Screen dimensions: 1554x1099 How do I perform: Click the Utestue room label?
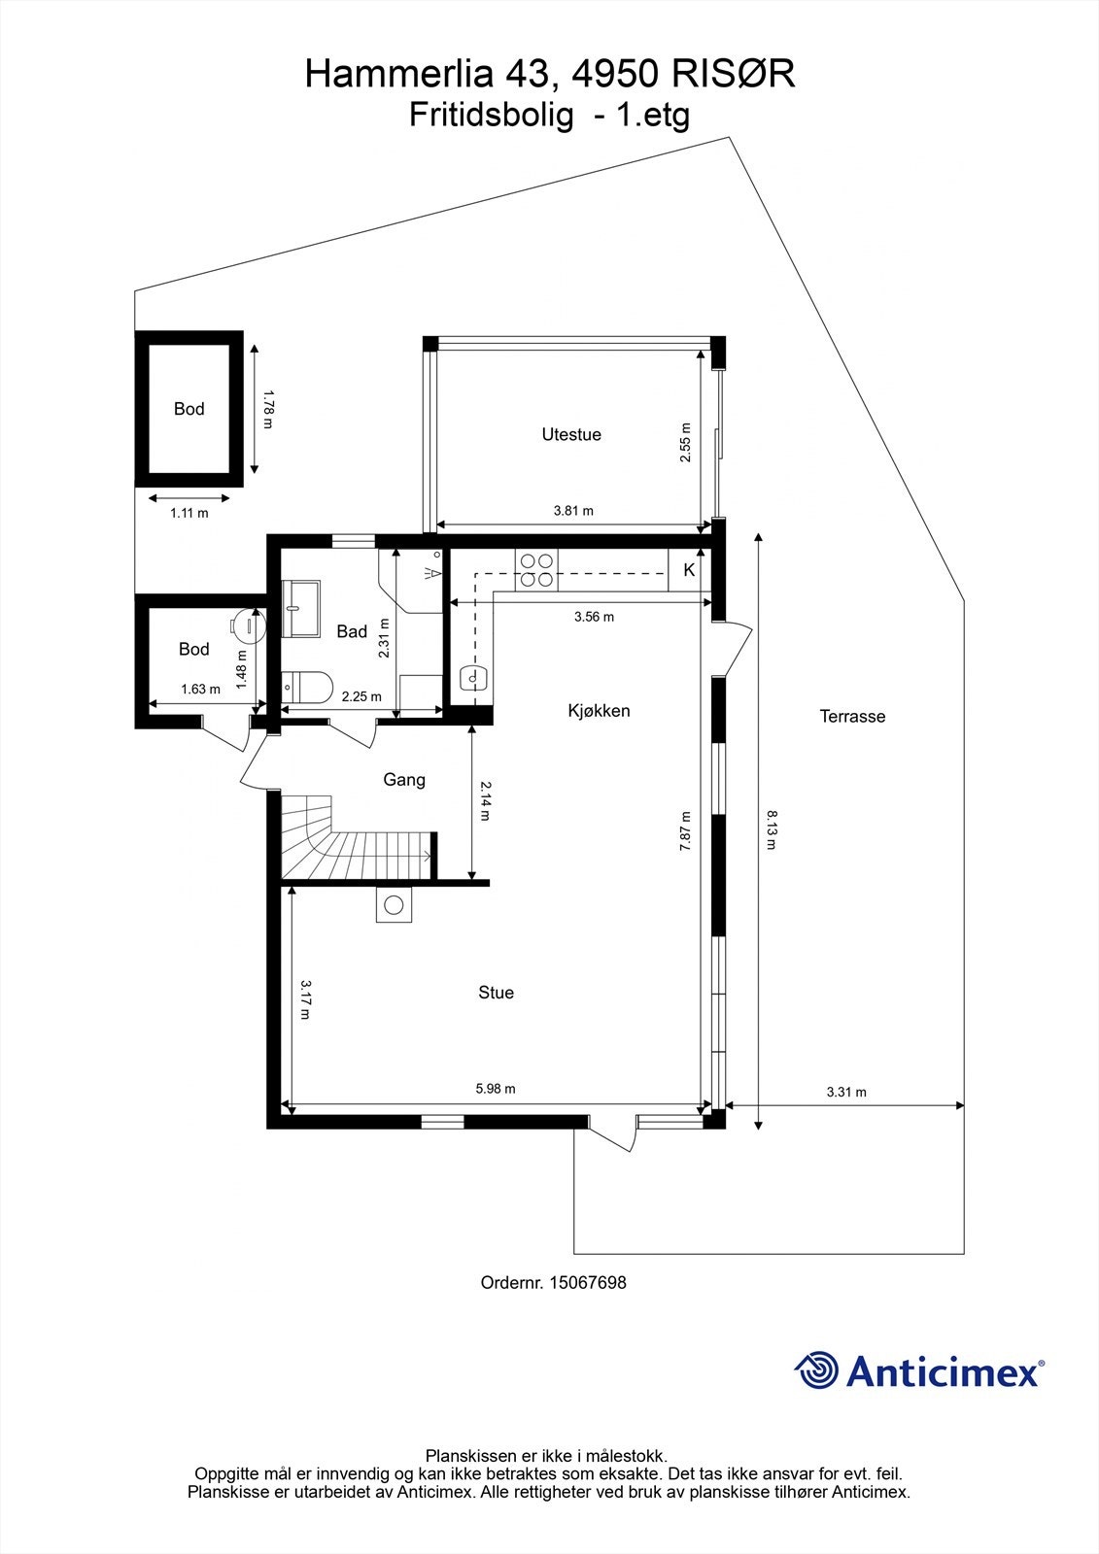pos(571,435)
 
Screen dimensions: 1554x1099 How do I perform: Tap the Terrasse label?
pos(852,717)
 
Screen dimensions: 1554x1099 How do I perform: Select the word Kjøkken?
pos(599,711)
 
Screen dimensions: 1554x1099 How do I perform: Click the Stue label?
pos(496,993)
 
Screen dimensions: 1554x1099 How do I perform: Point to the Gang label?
pos(404,780)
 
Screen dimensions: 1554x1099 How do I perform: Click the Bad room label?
pos(352,632)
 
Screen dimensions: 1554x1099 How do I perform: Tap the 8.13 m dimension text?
pos(771,830)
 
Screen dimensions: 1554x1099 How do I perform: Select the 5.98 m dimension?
pos(496,1089)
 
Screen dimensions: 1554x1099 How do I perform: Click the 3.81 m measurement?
pos(573,511)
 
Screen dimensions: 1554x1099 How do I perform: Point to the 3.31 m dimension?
pos(846,1092)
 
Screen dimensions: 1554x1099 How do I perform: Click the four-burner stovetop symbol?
pos(536,570)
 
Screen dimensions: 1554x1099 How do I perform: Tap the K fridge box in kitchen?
pos(689,570)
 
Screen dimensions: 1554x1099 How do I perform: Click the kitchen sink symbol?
pos(472,677)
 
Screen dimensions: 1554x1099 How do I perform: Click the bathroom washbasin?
pos(301,609)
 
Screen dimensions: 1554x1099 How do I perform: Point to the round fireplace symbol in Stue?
pos(394,906)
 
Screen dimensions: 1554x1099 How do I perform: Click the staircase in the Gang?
pos(355,840)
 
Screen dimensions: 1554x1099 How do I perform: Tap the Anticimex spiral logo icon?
pos(817,1371)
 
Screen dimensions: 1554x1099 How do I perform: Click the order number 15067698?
pos(587,1283)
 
